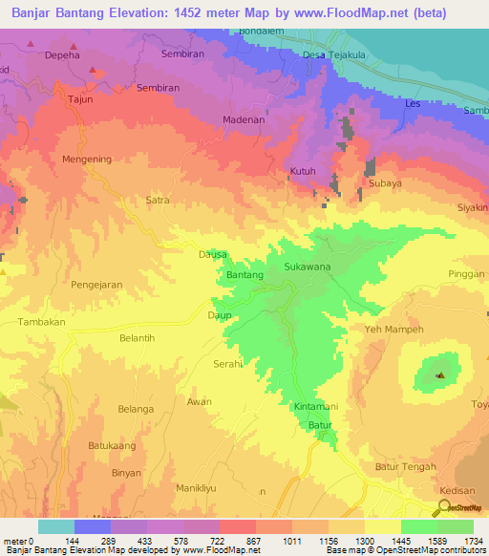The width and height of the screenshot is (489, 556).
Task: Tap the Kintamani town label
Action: pos(315,407)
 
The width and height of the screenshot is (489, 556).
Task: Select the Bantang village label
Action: pos(244,276)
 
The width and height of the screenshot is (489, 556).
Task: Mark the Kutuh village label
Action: pos(302,172)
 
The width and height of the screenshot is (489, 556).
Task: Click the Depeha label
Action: pos(63,56)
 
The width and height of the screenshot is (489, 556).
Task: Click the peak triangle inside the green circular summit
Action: pos(439,375)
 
